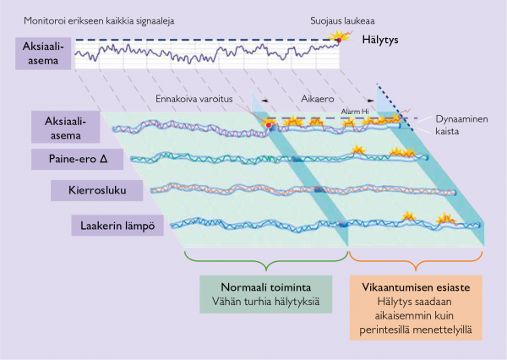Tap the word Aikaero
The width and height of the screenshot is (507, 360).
(x=317, y=99)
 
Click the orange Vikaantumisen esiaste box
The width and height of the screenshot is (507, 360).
(x=415, y=306)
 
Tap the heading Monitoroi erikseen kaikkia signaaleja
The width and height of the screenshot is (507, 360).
(x=99, y=19)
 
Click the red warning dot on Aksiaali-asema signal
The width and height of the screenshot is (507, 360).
(x=270, y=125)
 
